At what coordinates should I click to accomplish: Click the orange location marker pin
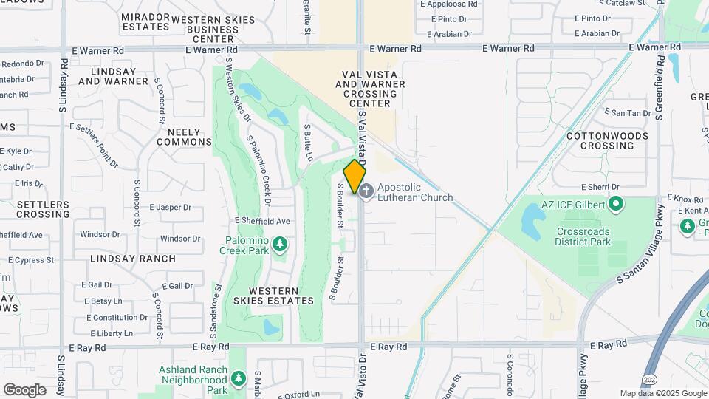(x=354, y=176)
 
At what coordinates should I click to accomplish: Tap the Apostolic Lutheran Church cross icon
(x=366, y=190)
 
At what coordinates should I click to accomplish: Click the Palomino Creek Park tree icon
(x=279, y=244)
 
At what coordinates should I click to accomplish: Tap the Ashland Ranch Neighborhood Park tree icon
(x=238, y=379)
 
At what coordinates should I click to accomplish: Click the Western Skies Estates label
(x=281, y=296)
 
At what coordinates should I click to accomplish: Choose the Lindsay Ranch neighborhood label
(x=133, y=259)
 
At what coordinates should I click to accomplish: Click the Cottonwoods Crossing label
(x=607, y=140)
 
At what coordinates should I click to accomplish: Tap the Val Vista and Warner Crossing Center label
(x=374, y=89)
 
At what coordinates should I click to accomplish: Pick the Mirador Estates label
(x=146, y=21)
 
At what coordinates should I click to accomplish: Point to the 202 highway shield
(x=647, y=378)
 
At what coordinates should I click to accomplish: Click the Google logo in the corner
(x=24, y=389)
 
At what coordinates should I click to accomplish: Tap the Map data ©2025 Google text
(x=663, y=394)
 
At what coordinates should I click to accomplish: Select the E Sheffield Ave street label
(x=262, y=221)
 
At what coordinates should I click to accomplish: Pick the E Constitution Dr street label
(x=117, y=318)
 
